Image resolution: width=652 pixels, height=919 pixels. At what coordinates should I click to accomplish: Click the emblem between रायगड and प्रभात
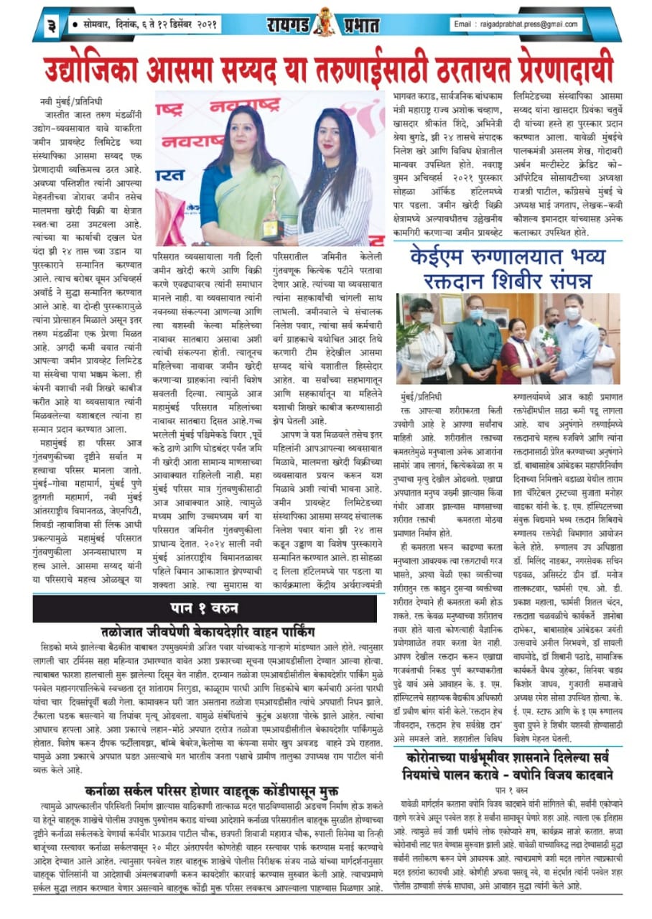pos(324,22)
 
